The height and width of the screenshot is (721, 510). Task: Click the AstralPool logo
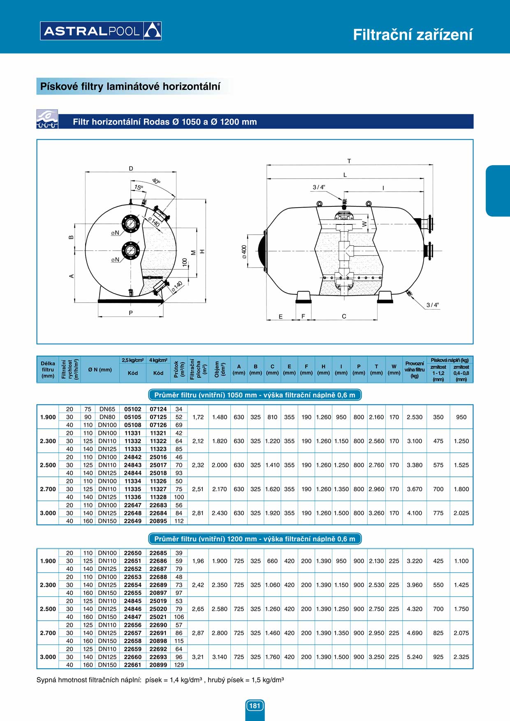(101, 31)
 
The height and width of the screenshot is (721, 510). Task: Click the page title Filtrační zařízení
(413, 35)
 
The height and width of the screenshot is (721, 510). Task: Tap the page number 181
(255, 706)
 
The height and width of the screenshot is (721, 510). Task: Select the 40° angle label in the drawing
(156, 181)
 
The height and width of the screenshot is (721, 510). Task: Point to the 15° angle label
(139, 187)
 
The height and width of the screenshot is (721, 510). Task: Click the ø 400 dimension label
(244, 252)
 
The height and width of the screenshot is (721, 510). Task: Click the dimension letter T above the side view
(349, 161)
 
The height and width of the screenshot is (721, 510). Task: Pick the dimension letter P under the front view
(131, 313)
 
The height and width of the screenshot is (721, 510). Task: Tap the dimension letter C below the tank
(344, 316)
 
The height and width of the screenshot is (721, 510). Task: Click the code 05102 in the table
(132, 409)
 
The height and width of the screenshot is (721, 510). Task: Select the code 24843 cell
(132, 465)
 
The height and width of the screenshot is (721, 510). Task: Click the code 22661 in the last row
(132, 665)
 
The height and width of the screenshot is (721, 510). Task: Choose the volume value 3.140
(219, 657)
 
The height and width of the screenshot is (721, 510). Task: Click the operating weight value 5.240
(414, 657)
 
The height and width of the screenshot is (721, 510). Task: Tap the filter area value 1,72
(198, 417)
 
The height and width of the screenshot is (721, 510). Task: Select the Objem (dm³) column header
(219, 370)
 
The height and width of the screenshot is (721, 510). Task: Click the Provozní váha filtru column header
(414, 370)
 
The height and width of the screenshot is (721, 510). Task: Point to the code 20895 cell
(158, 521)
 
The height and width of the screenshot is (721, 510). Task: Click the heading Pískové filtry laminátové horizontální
(130, 86)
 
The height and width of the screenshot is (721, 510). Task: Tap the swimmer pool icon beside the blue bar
(47, 119)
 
